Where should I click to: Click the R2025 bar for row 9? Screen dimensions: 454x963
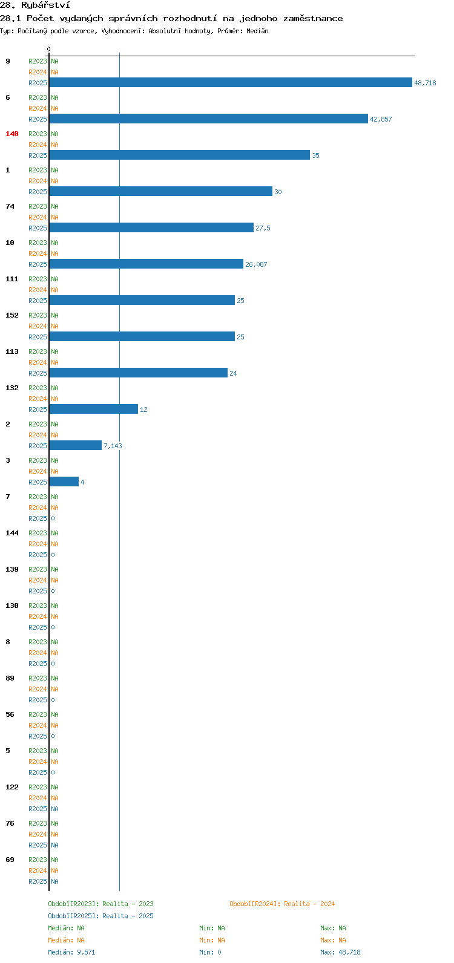[x=231, y=82]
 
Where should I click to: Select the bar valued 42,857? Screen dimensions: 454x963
[x=209, y=119]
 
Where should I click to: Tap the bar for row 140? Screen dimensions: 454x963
[x=179, y=155]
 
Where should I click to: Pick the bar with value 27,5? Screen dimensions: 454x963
[x=151, y=228]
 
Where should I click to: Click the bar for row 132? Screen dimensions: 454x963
[x=94, y=410]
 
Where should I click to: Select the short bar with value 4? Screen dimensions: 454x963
[x=64, y=482]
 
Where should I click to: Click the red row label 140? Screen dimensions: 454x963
[x=12, y=134]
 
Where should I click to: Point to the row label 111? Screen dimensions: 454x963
[x=12, y=279]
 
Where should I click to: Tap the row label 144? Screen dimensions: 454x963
[x=12, y=533]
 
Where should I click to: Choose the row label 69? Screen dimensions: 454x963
[x=10, y=860]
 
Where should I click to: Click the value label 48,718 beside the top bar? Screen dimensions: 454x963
[x=425, y=83]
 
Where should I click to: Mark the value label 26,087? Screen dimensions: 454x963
[x=256, y=264]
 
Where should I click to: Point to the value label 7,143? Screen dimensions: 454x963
[x=113, y=446]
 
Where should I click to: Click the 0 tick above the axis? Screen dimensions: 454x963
[x=48, y=49]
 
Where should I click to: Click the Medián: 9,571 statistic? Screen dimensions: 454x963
[x=71, y=952]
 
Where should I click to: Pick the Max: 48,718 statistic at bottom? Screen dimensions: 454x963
[x=340, y=952]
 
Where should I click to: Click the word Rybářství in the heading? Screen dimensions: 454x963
[x=45, y=5]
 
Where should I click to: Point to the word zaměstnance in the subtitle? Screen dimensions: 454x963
[x=313, y=19]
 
